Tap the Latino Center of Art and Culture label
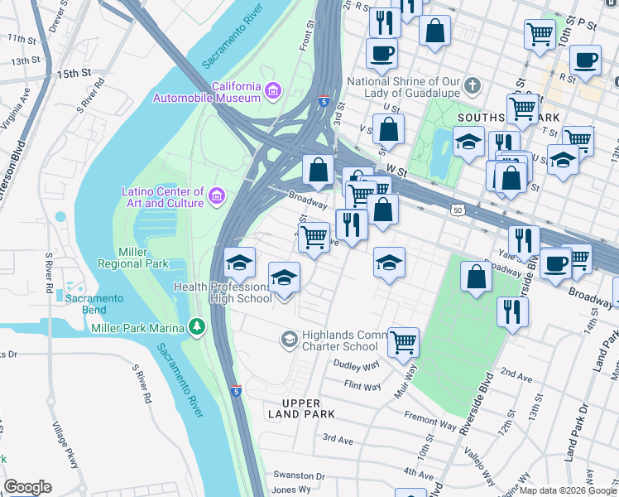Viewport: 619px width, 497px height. pos(163,197)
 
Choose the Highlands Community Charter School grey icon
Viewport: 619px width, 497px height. pos(289,337)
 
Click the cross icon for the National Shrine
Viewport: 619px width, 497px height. pos(473,86)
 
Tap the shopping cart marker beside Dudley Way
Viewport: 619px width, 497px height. pos(403,340)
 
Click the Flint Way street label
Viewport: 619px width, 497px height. pos(362,386)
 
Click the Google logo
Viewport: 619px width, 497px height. pos(27,487)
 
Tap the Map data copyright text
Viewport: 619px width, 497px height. pos(568,490)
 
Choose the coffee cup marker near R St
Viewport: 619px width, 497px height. pos(585,61)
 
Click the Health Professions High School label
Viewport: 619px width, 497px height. pos(222,292)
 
